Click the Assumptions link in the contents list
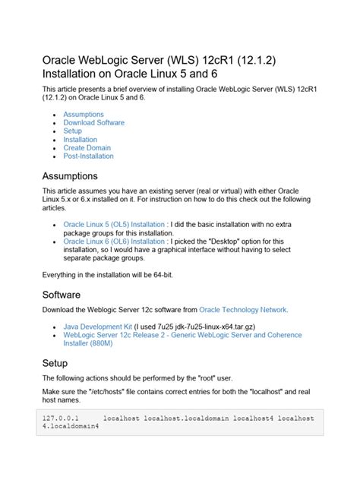pyautogui.click(x=83, y=115)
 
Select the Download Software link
pyautogui.click(x=93, y=123)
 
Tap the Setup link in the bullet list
pyautogui.click(x=73, y=131)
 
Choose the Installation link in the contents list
pyautogui.click(x=81, y=140)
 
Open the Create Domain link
pyautogui.click(x=87, y=148)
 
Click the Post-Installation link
pyautogui.click(x=88, y=156)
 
